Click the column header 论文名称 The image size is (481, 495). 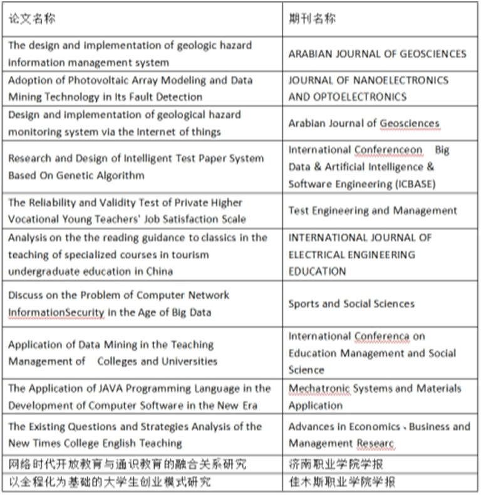31,18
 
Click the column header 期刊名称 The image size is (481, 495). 312,18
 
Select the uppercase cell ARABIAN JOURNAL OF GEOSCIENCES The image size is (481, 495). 377,54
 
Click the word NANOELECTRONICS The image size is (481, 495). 404,80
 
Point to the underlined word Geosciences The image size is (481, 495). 410,123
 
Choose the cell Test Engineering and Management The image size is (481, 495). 373,211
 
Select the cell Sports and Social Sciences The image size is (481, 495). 351,304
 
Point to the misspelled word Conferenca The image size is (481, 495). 381,336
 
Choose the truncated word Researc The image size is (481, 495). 376,444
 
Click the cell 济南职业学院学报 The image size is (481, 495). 336,464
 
